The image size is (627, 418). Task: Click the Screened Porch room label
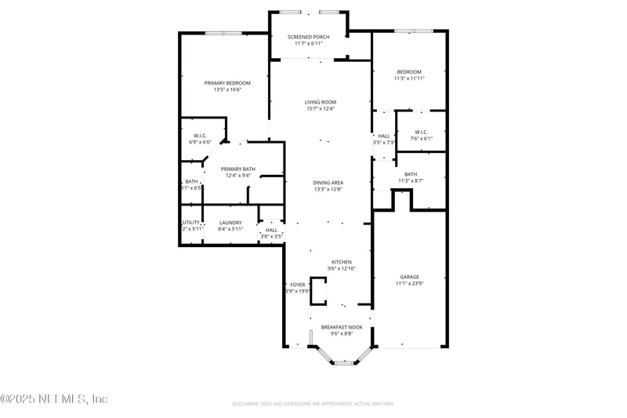click(x=309, y=37)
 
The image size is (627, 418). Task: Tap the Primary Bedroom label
click(x=227, y=83)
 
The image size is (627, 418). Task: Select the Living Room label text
click(x=321, y=102)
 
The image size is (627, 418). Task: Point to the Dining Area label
click(x=328, y=183)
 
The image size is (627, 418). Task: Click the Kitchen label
click(x=341, y=262)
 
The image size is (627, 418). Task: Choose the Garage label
click(x=409, y=277)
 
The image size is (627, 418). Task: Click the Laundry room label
click(x=230, y=223)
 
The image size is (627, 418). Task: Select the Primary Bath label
click(x=237, y=169)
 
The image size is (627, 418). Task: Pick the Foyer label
click(x=298, y=285)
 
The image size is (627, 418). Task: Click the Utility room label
click(x=192, y=223)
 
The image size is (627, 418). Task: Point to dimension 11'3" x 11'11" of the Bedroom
click(x=409, y=78)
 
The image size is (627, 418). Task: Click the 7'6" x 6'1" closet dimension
click(x=421, y=138)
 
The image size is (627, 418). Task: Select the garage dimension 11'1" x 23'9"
click(x=409, y=284)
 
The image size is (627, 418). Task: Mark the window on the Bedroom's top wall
click(x=413, y=31)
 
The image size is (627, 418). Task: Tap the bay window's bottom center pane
click(x=345, y=362)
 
